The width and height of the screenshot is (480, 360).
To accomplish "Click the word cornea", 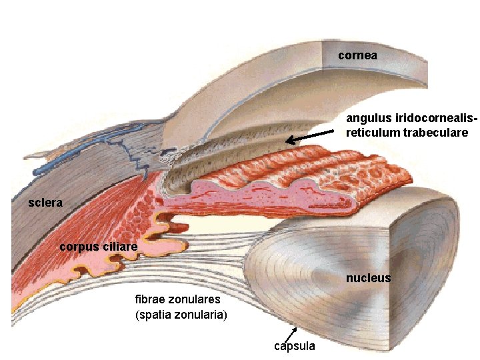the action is pyautogui.click(x=357, y=56).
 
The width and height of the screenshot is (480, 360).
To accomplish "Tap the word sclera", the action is pyautogui.click(x=45, y=203).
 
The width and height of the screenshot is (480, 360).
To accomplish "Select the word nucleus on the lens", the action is pyautogui.click(x=368, y=278).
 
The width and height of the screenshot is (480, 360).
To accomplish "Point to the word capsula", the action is pyautogui.click(x=295, y=346).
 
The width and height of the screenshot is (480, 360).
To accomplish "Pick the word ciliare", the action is pyautogui.click(x=119, y=247).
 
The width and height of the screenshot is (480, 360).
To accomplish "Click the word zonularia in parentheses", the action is pyautogui.click(x=203, y=313).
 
